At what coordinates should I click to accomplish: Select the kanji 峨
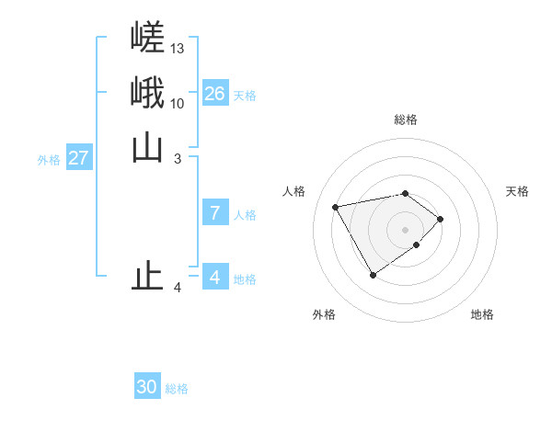(x=147, y=92)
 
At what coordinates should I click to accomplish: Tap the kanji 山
(x=147, y=147)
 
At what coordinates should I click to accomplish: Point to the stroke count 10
(x=178, y=103)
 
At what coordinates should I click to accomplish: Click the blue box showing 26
(x=214, y=94)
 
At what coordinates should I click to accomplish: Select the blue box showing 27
(x=78, y=158)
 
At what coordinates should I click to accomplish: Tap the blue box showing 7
(x=214, y=213)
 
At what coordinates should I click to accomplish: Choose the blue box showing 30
(x=147, y=387)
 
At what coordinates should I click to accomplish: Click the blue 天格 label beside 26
(x=245, y=96)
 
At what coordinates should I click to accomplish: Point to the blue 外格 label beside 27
(x=49, y=160)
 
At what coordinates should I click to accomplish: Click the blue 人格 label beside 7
(x=245, y=215)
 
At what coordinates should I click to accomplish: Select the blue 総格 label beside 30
(x=177, y=389)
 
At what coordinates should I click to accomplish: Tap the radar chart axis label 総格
(x=406, y=119)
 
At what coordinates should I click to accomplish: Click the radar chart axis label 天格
(x=517, y=191)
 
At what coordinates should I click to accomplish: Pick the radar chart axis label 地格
(x=482, y=314)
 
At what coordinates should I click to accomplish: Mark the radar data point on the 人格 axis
(x=336, y=206)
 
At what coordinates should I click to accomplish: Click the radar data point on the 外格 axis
(x=373, y=275)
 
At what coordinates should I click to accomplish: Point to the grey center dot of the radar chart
(x=405, y=229)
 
